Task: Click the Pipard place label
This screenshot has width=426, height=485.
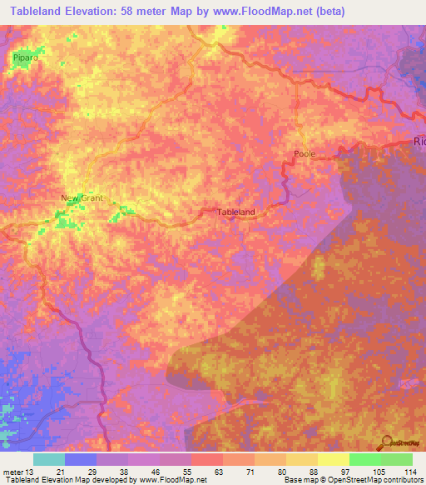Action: [27, 57]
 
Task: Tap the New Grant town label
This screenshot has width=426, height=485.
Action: [80, 197]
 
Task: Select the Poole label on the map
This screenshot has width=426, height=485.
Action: [305, 154]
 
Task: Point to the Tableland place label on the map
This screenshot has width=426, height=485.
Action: [235, 212]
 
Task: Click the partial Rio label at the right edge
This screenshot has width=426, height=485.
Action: [419, 142]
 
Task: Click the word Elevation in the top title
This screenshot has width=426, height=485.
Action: [99, 12]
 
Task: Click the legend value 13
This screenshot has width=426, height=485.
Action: [32, 472]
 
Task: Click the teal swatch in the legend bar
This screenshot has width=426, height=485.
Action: [48, 459]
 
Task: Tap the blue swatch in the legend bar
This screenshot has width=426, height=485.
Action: [80, 459]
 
